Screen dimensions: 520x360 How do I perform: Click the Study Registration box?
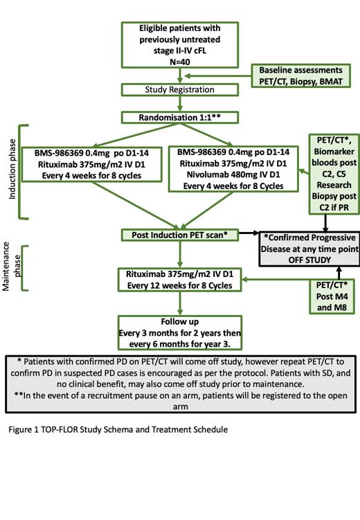179,89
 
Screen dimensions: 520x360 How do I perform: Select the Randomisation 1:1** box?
179,117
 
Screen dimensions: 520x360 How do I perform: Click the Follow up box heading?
179,322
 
